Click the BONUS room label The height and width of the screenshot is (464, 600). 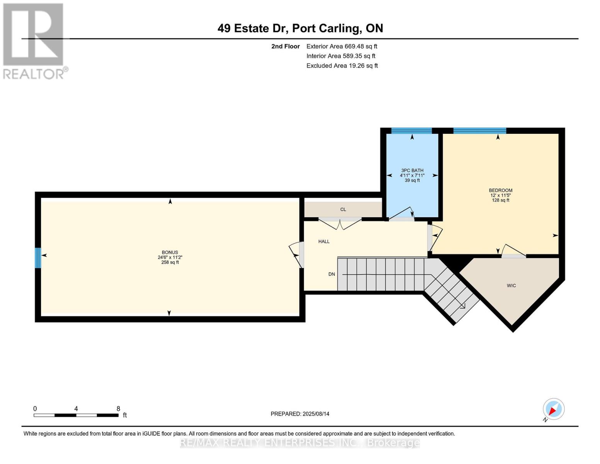coord(170,252)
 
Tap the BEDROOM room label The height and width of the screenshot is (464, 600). coord(501,190)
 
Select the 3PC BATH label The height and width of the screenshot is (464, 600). coord(412,171)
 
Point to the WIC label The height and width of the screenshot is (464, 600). coord(512,285)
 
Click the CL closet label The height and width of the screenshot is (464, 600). coord(343,210)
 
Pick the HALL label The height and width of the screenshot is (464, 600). coord(324,242)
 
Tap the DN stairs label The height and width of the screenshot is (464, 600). coord(331,274)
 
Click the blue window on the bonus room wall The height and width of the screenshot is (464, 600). coord(38,258)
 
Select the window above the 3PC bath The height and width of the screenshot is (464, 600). coord(412,131)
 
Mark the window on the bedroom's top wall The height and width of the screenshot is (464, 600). coord(480,131)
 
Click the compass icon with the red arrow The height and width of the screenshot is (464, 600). coord(554,409)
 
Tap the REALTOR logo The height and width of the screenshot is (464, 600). coord(35,41)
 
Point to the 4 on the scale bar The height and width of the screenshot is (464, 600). coord(76,408)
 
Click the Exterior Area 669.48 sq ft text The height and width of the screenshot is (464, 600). coord(342,46)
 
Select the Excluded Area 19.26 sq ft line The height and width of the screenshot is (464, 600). coord(342,66)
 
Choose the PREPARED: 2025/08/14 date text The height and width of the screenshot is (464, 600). coord(300,414)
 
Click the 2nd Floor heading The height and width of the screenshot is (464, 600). coord(286,46)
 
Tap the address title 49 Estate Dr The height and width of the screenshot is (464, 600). coord(253,29)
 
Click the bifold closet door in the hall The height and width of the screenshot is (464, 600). coord(340,223)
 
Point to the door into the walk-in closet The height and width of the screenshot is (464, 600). coord(513,251)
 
